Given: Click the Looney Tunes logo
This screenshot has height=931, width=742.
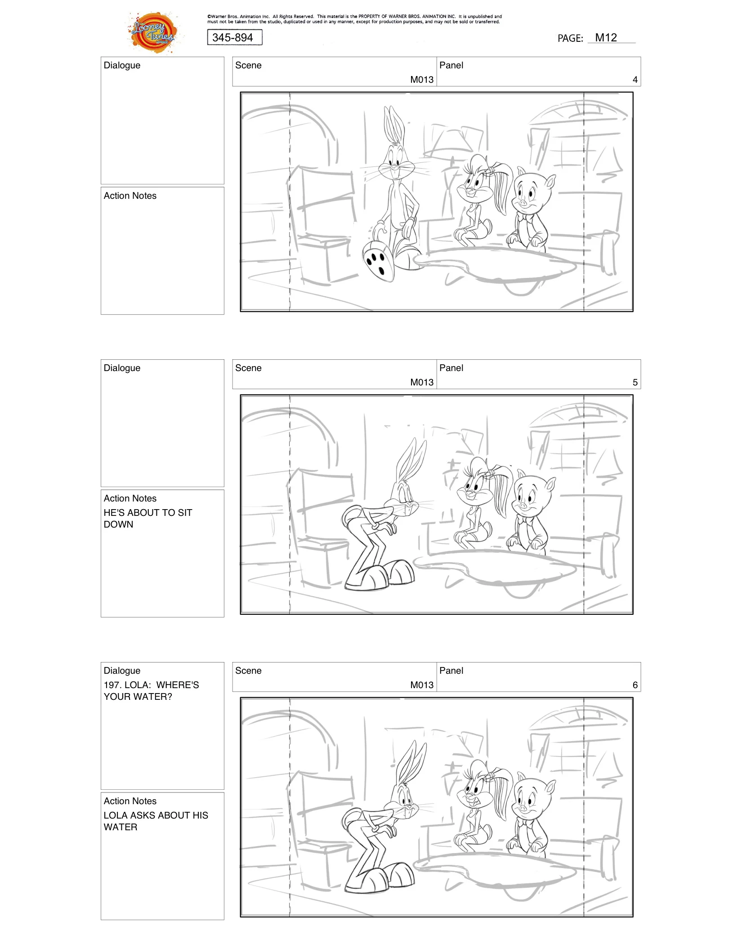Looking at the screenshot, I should pos(153,32).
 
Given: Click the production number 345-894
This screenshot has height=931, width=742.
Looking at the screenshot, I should pos(233,38).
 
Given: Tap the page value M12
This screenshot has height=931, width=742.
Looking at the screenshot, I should pos(606,38).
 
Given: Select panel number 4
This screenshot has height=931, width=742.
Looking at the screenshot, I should pos(635,80).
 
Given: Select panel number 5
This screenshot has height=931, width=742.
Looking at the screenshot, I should pos(635,382).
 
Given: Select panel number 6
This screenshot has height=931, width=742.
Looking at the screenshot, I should pos(635,685).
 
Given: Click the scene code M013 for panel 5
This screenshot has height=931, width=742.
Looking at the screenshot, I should pos(421,382).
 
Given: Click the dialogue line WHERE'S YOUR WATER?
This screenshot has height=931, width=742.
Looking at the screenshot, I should pos(151,691).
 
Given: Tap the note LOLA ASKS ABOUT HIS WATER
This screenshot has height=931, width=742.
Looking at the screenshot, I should pos(156,821).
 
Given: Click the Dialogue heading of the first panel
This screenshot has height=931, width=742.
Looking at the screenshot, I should pos(122,65).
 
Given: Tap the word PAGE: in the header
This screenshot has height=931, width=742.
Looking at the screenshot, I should pos(570,39).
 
